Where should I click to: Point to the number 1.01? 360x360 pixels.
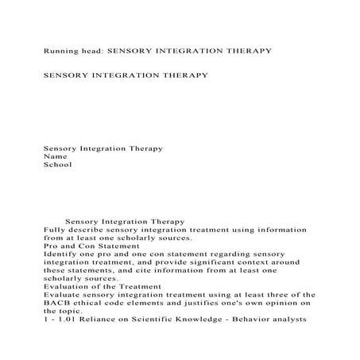(x=64, y=320)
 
